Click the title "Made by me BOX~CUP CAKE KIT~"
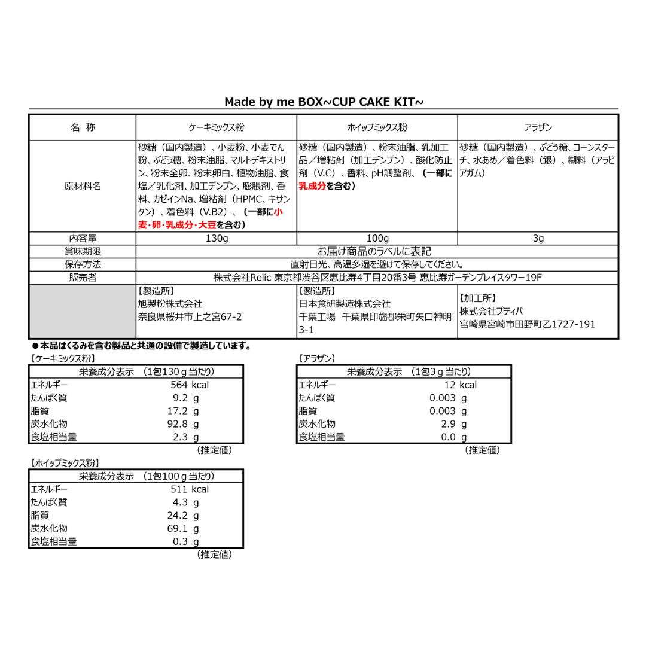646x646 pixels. pyautogui.click(x=324, y=102)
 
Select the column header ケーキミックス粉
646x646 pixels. pyautogui.click(x=217, y=127)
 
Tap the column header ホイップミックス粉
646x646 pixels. pyautogui.click(x=377, y=127)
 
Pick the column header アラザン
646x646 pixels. pyautogui.click(x=538, y=127)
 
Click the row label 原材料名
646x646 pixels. pyautogui.click(x=83, y=186)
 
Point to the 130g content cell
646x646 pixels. pyautogui.click(x=217, y=239)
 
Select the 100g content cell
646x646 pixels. pyautogui.click(x=377, y=239)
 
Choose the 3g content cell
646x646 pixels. pyautogui.click(x=538, y=239)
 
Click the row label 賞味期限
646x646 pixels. pyautogui.click(x=83, y=252)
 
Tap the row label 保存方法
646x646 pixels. pyautogui.click(x=83, y=264)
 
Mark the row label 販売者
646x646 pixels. pyautogui.click(x=83, y=278)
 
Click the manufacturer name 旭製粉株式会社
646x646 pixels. pyautogui.click(x=170, y=304)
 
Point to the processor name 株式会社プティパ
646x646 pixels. pyautogui.click(x=491, y=311)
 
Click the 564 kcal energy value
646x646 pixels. pyautogui.click(x=189, y=385)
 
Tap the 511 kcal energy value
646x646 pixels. pyautogui.click(x=189, y=489)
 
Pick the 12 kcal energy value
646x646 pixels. pyautogui.click(x=460, y=385)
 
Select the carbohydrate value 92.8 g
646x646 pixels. pyautogui.click(x=182, y=424)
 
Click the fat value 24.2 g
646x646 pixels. pyautogui.click(x=182, y=516)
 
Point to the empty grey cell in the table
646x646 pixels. pyautogui.click(x=83, y=311)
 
